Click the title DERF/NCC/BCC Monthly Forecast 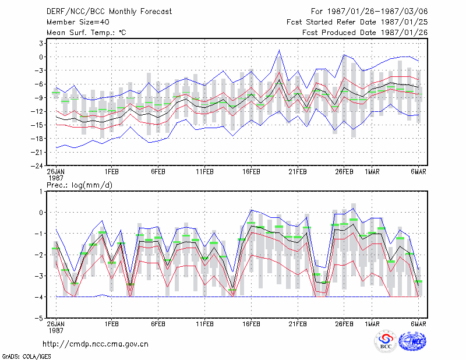pyautogui.click(x=109, y=12)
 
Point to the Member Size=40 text pyautogui.click(x=78, y=22)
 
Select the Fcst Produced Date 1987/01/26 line pyautogui.click(x=365, y=33)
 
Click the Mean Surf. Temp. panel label pyautogui.click(x=86, y=33)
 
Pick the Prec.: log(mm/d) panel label pyautogui.click(x=79, y=185)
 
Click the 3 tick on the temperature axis pyautogui.click(x=41, y=44)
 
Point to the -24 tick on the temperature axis pyautogui.click(x=37, y=165)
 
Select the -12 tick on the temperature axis pyautogui.click(x=37, y=111)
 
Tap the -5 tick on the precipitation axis pyautogui.click(x=39, y=318)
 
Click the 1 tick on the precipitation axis pyautogui.click(x=41, y=192)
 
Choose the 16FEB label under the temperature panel pyautogui.click(x=251, y=172)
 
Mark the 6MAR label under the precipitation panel pyautogui.click(x=418, y=324)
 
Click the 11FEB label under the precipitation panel pyautogui.click(x=205, y=324)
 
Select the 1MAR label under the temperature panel pyautogui.click(x=372, y=172)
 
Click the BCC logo pyautogui.click(x=386, y=342)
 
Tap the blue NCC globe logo pyautogui.click(x=412, y=341)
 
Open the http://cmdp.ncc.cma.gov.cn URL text pyautogui.click(x=96, y=344)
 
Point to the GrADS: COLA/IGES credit pyautogui.click(x=26, y=357)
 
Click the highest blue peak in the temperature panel pyautogui.click(x=279, y=50)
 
